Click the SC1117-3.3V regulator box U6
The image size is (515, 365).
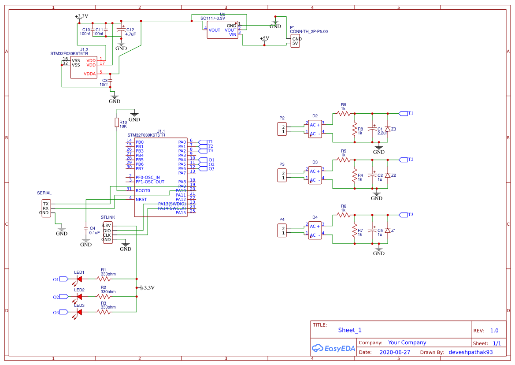tap(222, 30)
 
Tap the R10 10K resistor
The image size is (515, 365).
tap(117, 123)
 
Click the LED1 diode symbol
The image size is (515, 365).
tap(79, 279)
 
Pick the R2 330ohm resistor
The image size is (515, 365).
tap(104, 297)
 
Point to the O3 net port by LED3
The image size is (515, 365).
tap(63, 312)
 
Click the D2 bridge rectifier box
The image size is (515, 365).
tap(315, 129)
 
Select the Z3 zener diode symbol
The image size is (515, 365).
tap(387, 129)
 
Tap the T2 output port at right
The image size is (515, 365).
tap(403, 160)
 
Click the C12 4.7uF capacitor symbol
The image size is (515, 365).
tap(121, 32)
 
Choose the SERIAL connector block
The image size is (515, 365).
tap(45, 208)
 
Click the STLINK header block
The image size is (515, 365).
tap(107, 232)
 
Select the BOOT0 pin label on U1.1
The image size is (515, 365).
tap(143, 190)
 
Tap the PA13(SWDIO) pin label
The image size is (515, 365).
tap(172, 204)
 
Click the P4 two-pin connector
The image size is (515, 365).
tap(282, 230)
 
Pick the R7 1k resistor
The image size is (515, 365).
tap(354, 232)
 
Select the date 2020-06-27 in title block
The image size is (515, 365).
tap(394, 352)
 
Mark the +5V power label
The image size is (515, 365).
tap(264, 39)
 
